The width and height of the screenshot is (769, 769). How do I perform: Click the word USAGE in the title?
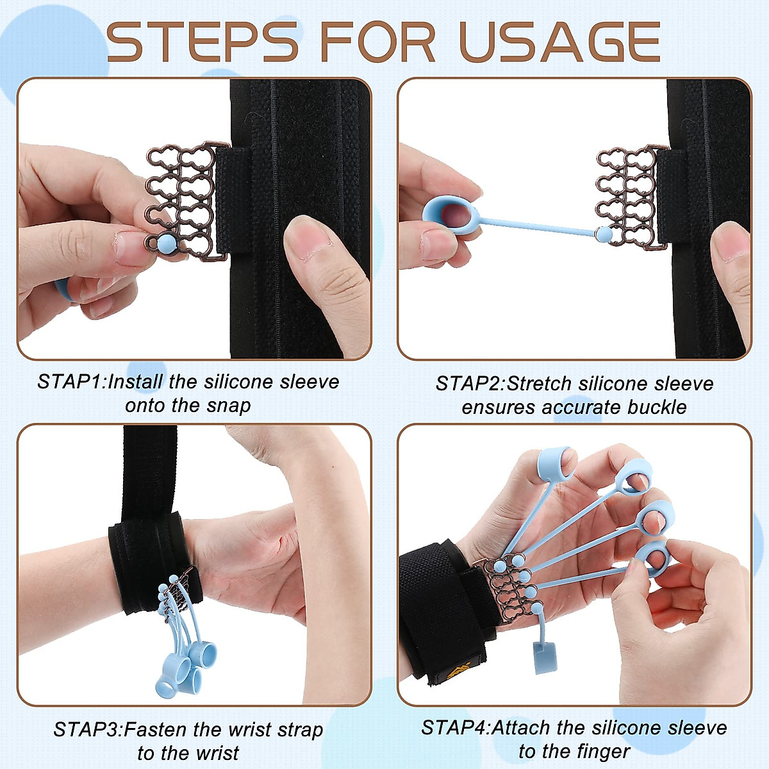click(x=559, y=42)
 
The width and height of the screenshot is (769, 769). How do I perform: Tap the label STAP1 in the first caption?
click(x=70, y=382)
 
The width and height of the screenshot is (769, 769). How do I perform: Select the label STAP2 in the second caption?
click(x=470, y=384)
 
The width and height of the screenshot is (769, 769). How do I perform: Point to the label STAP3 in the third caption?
click(x=87, y=729)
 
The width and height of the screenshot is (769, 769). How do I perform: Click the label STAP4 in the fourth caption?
click(x=454, y=728)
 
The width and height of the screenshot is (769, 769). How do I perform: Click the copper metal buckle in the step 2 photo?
click(x=628, y=195)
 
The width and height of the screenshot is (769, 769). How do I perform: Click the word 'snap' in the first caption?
click(x=228, y=406)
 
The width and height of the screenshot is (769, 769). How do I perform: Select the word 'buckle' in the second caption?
click(x=657, y=408)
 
